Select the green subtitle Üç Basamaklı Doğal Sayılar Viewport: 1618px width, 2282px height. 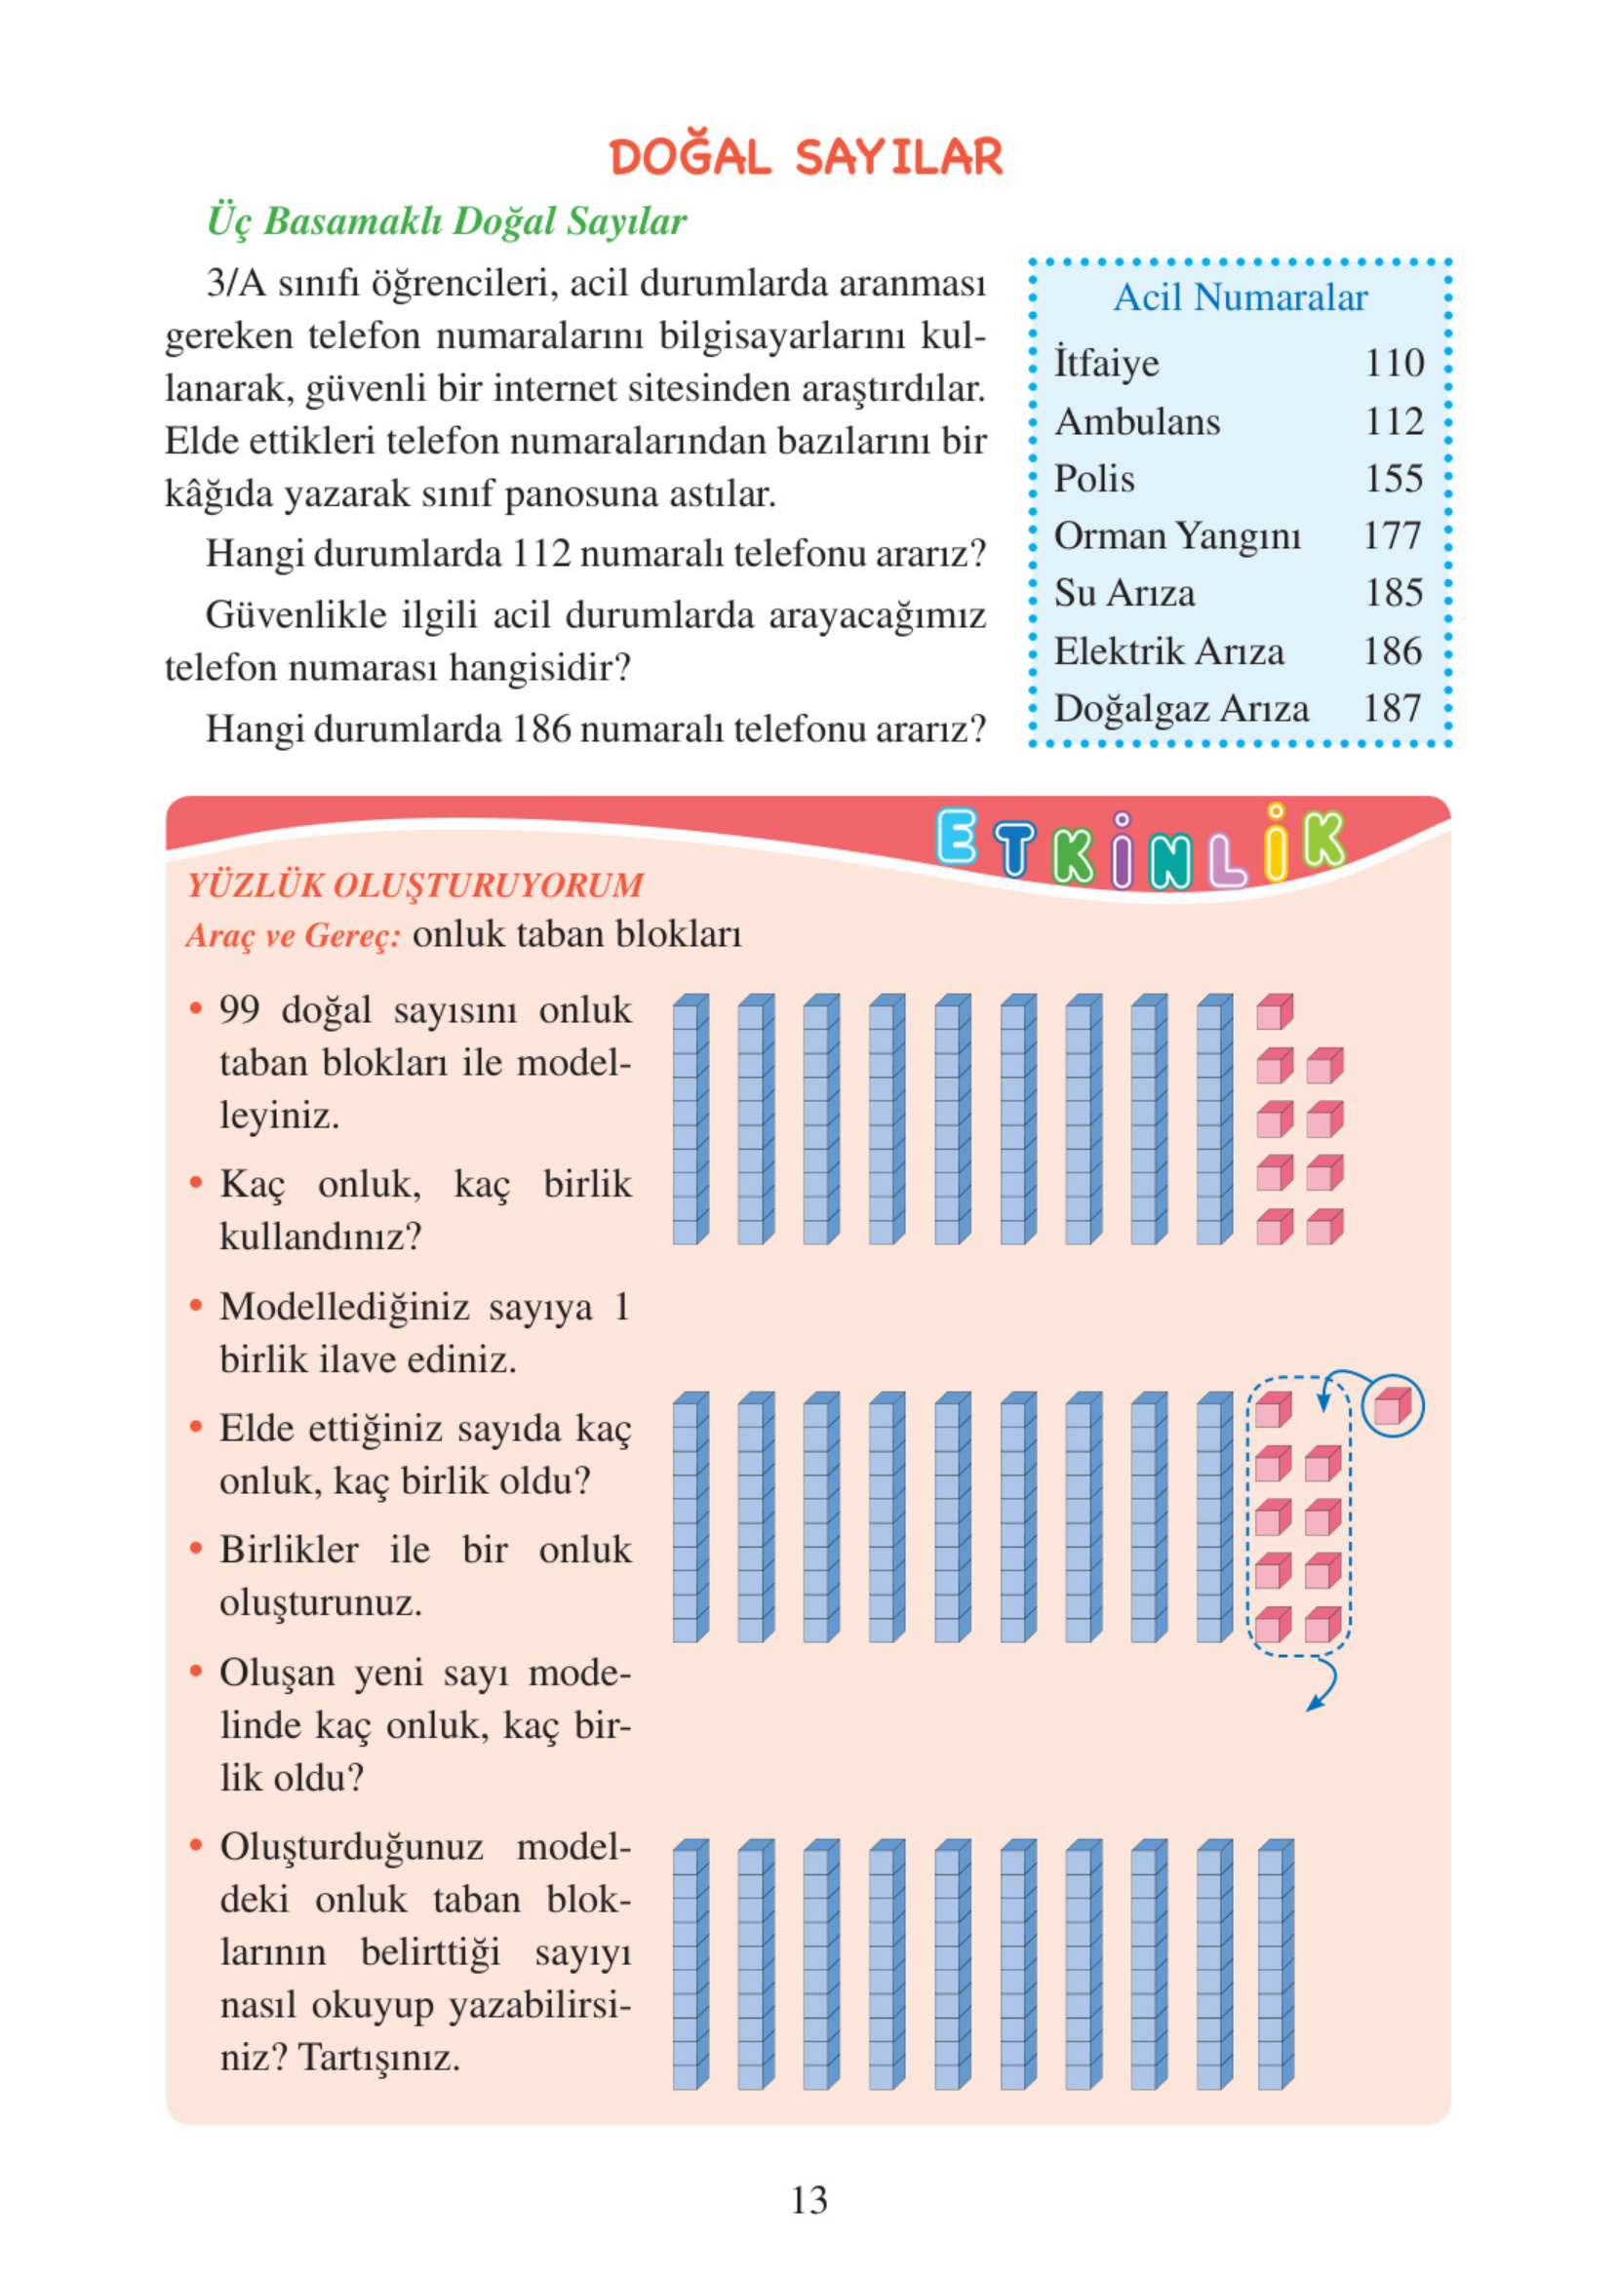447,221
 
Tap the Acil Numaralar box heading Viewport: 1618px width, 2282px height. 1240,296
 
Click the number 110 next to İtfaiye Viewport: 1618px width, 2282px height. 1394,363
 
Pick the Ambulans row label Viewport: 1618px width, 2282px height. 1137,421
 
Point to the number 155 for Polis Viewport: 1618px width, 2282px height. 1394,479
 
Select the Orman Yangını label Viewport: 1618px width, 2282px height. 1176,536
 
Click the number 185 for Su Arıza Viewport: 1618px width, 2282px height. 1394,593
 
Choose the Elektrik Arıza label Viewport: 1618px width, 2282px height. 1168,650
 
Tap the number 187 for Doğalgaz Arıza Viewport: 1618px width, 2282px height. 1392,708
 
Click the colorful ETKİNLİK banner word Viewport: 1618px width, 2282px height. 1140,846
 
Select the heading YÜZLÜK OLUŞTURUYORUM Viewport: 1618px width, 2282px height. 414,885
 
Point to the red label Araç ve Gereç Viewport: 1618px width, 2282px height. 293,935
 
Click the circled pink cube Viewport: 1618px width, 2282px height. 1392,1406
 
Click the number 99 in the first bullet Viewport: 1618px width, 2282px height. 240,1010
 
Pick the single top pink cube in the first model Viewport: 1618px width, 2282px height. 1275,1012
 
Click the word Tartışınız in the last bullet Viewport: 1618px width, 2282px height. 378,2057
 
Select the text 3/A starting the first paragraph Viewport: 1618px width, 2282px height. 236,284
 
